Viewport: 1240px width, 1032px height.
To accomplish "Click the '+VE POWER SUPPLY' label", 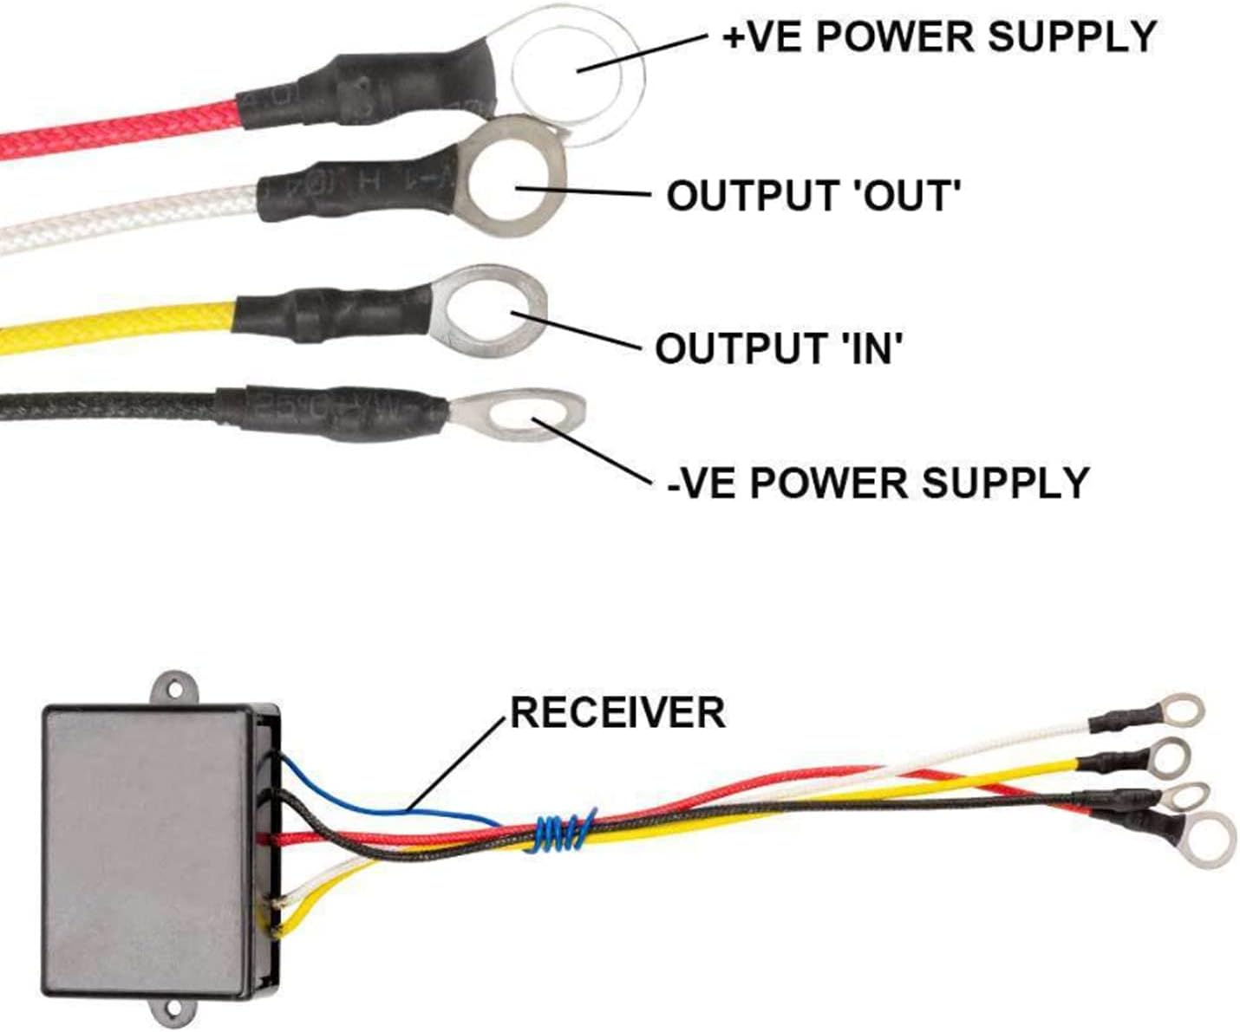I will (x=939, y=36).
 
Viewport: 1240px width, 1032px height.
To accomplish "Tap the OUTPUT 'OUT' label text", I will (x=813, y=197).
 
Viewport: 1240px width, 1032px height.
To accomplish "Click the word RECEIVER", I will (x=617, y=713).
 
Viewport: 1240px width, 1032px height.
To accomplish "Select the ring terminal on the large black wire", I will (x=520, y=413).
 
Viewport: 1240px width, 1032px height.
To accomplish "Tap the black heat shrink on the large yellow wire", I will (x=330, y=314).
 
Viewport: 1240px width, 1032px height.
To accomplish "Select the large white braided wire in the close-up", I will (x=130, y=217).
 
